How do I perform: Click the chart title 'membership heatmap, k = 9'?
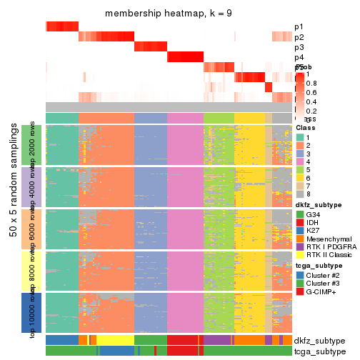(169, 14)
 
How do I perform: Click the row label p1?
(299, 27)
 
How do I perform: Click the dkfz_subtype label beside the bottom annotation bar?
(319, 340)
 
